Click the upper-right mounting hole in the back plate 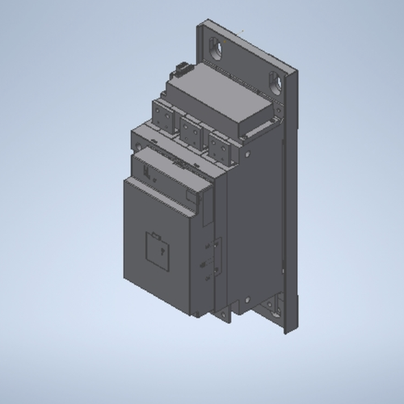278,82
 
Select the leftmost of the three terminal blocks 162,118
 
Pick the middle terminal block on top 191,130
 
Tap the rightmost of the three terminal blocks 217,142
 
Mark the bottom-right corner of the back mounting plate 288,333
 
